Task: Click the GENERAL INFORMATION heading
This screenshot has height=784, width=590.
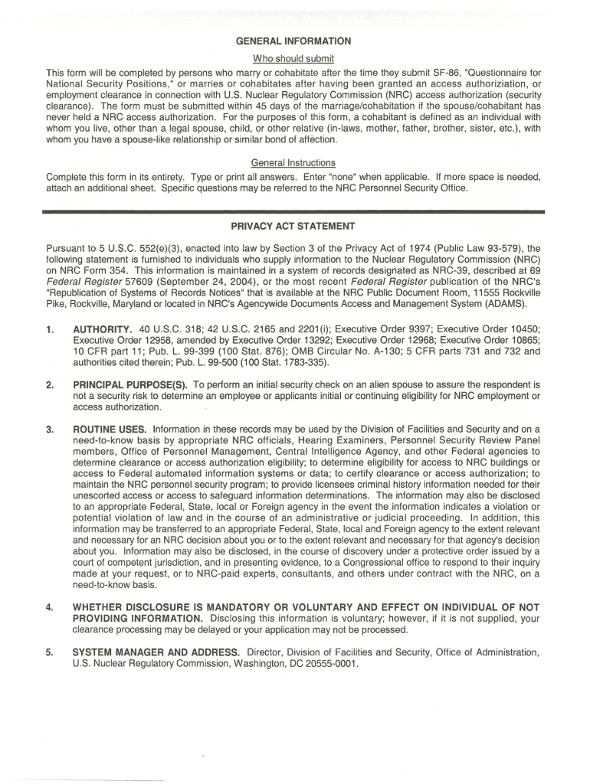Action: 294,41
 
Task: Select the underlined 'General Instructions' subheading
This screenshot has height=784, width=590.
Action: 293,163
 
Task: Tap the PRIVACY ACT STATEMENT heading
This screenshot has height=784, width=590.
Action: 293,227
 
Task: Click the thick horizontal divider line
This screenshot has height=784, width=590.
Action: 293,209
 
